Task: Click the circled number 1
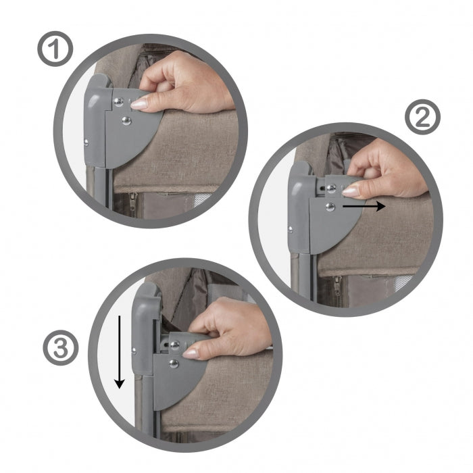pyautogui.click(x=53, y=51)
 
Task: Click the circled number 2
pyautogui.click(x=422, y=119)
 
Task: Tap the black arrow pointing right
pyautogui.click(x=364, y=206)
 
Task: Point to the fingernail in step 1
pyautogui.click(x=139, y=104)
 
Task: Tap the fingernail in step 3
pyautogui.click(x=191, y=353)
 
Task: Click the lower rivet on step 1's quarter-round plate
pyautogui.click(x=126, y=121)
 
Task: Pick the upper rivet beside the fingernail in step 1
pyautogui.click(x=119, y=101)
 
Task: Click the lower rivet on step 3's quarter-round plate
pyautogui.click(x=174, y=364)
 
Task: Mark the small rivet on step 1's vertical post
pyautogui.click(x=87, y=141)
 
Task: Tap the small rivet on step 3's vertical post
pyautogui.click(x=134, y=350)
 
